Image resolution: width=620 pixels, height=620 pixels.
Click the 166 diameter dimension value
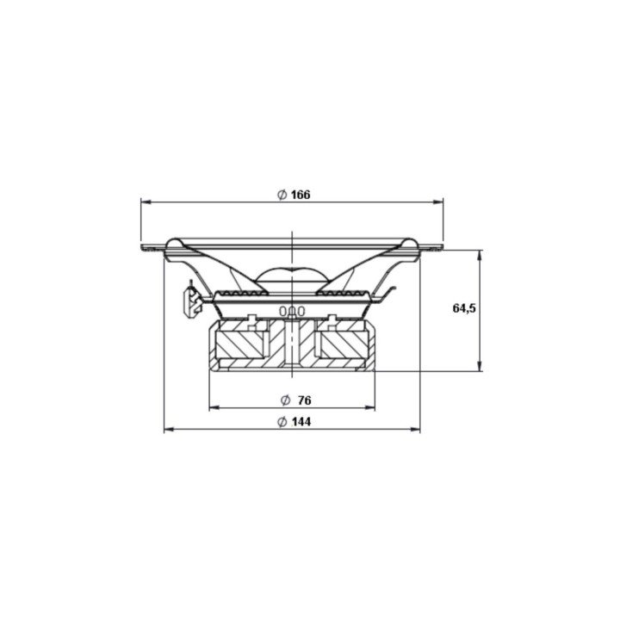tap(300, 195)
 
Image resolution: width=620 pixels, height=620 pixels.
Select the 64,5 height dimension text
tap(464, 308)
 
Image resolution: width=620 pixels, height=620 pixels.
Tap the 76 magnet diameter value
tap(303, 400)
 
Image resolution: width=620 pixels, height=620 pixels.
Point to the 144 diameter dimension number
tap(300, 422)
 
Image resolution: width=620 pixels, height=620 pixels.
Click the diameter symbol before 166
tap(282, 195)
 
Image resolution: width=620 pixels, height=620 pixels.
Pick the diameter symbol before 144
tap(282, 422)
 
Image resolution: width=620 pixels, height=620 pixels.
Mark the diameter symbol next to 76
tap(285, 400)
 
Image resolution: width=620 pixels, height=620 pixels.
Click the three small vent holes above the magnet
tap(293, 310)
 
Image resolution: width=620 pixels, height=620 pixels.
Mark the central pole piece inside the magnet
tap(293, 344)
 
